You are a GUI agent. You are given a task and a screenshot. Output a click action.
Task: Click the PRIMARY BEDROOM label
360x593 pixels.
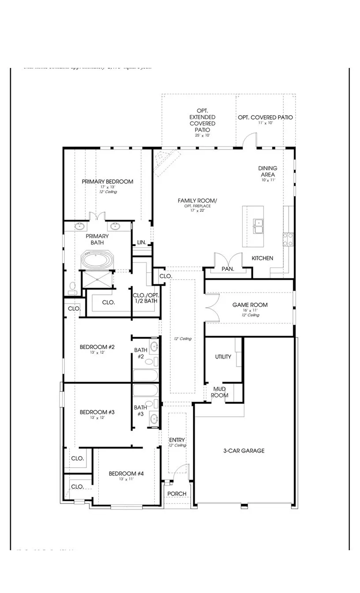coord(107,181)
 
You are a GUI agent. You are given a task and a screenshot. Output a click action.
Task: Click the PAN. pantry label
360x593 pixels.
coord(228,269)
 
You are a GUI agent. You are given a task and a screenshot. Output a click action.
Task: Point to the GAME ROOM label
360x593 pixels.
coord(250,305)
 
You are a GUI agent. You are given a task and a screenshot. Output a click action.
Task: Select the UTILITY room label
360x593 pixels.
coord(223,357)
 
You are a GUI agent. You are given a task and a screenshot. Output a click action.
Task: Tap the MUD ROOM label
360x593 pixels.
coord(219,392)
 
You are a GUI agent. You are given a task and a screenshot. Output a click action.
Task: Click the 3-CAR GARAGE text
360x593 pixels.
coord(244,450)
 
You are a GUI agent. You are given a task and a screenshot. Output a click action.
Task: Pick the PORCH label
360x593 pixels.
coord(177,493)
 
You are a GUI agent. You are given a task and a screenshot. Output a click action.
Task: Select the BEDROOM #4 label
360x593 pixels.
coord(126,473)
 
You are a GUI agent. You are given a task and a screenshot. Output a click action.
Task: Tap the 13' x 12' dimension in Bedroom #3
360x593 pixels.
coord(97,417)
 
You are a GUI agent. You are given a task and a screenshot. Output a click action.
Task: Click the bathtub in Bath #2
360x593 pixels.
coord(145,375)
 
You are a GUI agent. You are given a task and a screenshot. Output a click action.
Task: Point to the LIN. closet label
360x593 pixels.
coord(142,242)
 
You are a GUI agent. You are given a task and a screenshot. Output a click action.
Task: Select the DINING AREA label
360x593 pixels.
coord(267,171)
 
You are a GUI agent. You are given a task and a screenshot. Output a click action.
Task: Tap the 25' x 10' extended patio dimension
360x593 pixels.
coord(202,135)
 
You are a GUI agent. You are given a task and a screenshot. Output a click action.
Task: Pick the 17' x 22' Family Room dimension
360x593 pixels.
coord(197,210)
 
